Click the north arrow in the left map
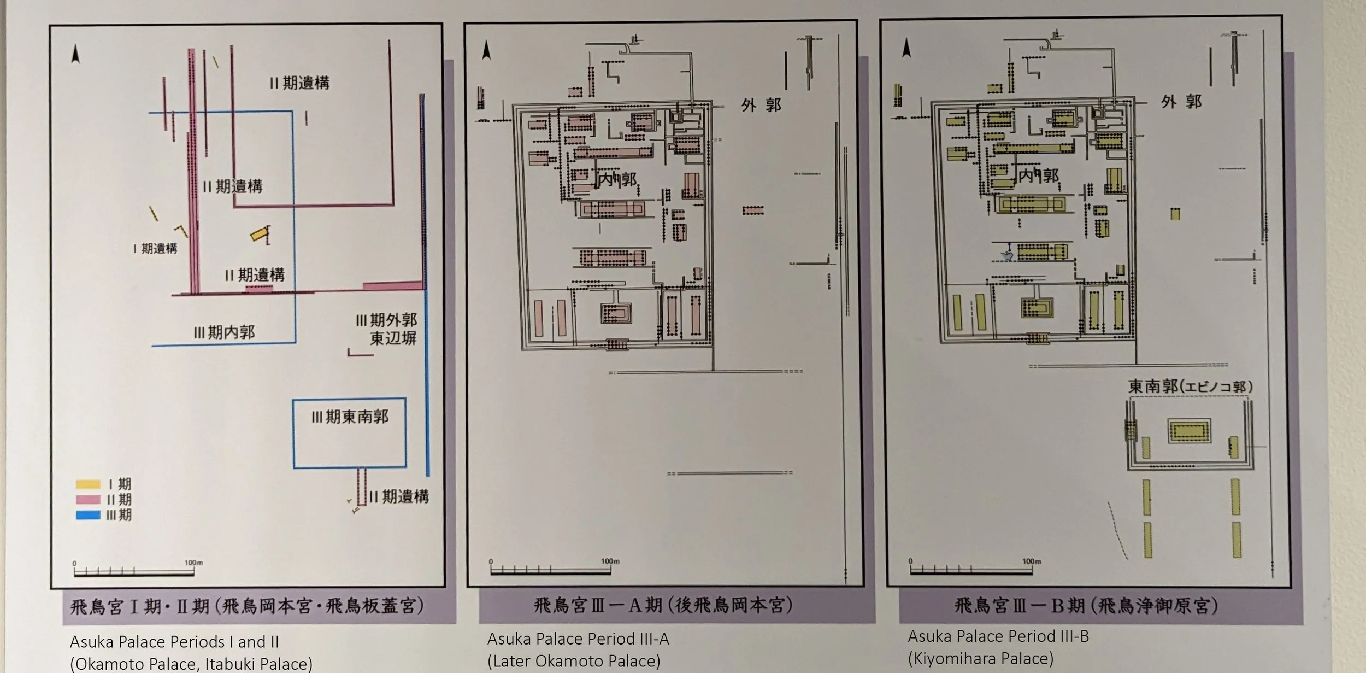75,54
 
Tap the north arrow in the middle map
486,51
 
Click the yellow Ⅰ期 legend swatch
88,484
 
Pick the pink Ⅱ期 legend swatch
88,499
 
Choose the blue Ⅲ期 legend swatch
88,514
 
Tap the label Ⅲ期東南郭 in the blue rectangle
350,417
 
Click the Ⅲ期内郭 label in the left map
224,332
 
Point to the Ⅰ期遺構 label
155,249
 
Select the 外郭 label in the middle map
761,105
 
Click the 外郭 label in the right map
1181,102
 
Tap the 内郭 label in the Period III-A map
617,179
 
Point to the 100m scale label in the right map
1032,561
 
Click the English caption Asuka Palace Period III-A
578,639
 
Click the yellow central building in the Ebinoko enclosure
1189,431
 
